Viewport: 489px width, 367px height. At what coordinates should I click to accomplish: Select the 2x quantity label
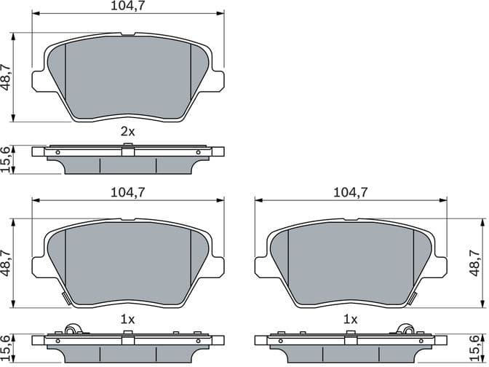coord(128,132)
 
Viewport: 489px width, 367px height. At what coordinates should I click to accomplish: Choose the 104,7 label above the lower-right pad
coord(351,193)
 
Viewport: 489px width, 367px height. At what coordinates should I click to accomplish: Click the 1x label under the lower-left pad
coord(128,319)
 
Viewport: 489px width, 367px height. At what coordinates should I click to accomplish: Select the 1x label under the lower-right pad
coord(351,319)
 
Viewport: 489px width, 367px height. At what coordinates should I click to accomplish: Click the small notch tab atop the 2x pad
coord(128,33)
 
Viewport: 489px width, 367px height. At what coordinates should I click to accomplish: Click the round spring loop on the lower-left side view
coord(71,330)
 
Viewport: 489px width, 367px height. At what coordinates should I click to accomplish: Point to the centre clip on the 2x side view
coord(128,151)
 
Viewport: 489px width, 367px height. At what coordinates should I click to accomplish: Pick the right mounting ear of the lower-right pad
coord(440,267)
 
